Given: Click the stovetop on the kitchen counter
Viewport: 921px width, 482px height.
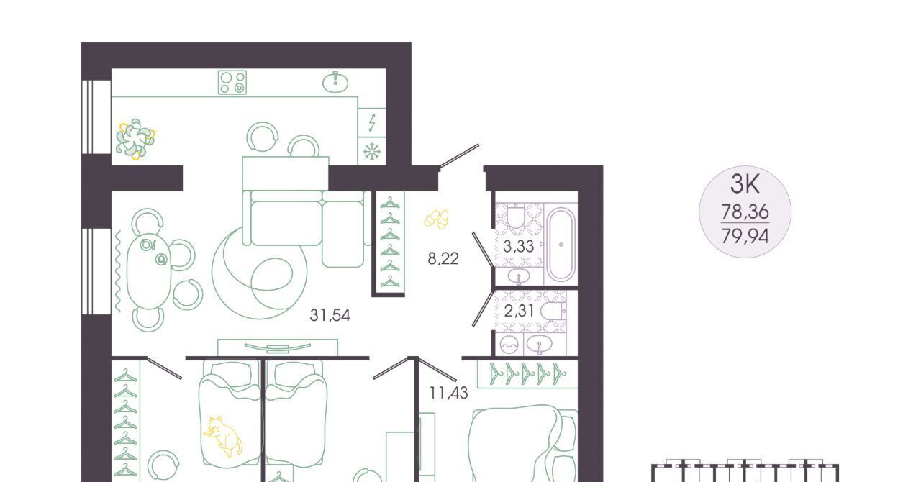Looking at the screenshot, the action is [232, 82].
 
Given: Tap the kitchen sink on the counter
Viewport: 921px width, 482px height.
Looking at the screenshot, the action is [335, 82].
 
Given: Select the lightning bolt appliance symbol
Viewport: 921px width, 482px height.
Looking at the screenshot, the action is [372, 122].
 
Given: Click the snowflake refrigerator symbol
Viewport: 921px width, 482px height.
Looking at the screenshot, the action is [372, 151].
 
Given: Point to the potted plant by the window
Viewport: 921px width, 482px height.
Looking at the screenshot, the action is [135, 139].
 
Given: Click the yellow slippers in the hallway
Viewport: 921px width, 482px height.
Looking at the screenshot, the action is [436, 219].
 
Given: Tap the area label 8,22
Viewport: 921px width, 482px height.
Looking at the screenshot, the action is [443, 259].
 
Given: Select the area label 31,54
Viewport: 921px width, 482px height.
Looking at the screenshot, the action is [330, 315].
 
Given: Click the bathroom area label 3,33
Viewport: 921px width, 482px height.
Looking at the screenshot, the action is [519, 246].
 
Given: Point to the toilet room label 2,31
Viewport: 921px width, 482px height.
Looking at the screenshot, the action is [520, 311].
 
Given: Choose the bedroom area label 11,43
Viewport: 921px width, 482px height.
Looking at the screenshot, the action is [448, 393].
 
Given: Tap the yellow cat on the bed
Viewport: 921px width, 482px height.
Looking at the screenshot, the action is [223, 437].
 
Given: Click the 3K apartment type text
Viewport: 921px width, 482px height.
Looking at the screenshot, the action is [745, 184].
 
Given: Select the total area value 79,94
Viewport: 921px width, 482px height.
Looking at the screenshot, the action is [745, 236].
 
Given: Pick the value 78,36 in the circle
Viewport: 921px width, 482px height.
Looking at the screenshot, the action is [745, 212].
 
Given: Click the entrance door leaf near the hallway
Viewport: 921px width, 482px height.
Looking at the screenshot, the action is [459, 156].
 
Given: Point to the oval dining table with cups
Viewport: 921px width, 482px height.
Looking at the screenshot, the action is [149, 268].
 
